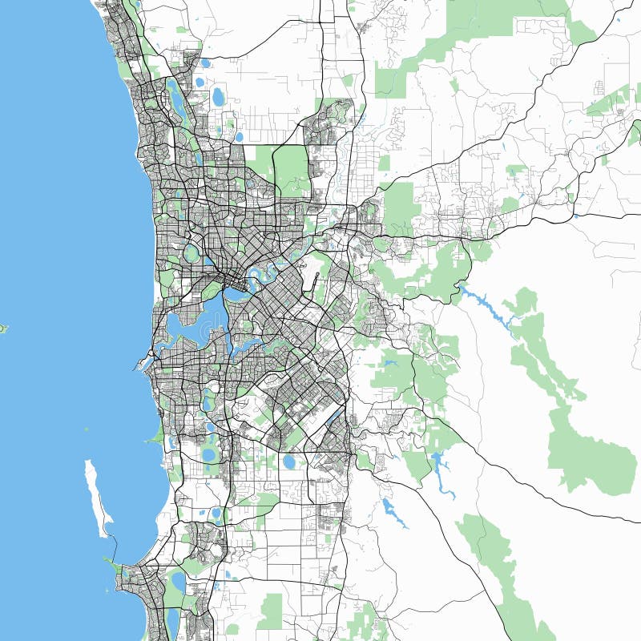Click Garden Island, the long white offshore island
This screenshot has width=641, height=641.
[96, 497]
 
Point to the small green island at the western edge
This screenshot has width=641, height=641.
[2, 328]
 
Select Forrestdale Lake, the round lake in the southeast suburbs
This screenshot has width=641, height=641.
[289, 462]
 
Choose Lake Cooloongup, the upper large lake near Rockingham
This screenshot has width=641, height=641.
[178, 579]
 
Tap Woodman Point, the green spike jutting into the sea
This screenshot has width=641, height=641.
[154, 437]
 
